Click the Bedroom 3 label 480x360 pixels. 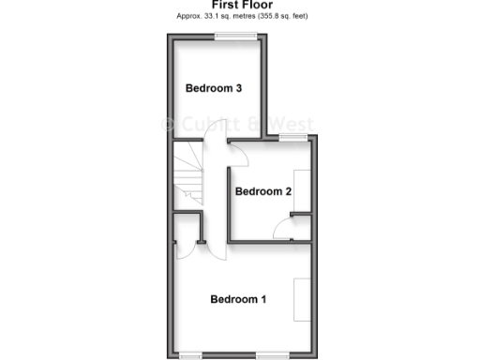pos(215,89)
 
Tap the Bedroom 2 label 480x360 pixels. pos(263,191)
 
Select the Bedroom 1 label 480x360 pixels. pos(238,300)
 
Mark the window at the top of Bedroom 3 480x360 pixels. pos(235,37)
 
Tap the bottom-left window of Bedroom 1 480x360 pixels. pos(191,354)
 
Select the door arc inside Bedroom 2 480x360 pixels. pos(281,231)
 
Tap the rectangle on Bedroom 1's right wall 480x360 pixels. pos(302,299)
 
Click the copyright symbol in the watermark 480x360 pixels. pos(170,124)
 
